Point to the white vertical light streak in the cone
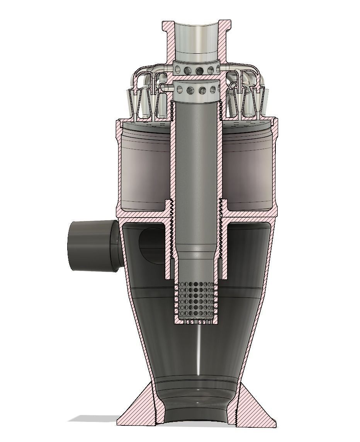tap(197, 348)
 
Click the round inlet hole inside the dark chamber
tap(151, 242)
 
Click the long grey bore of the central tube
tap(196, 174)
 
